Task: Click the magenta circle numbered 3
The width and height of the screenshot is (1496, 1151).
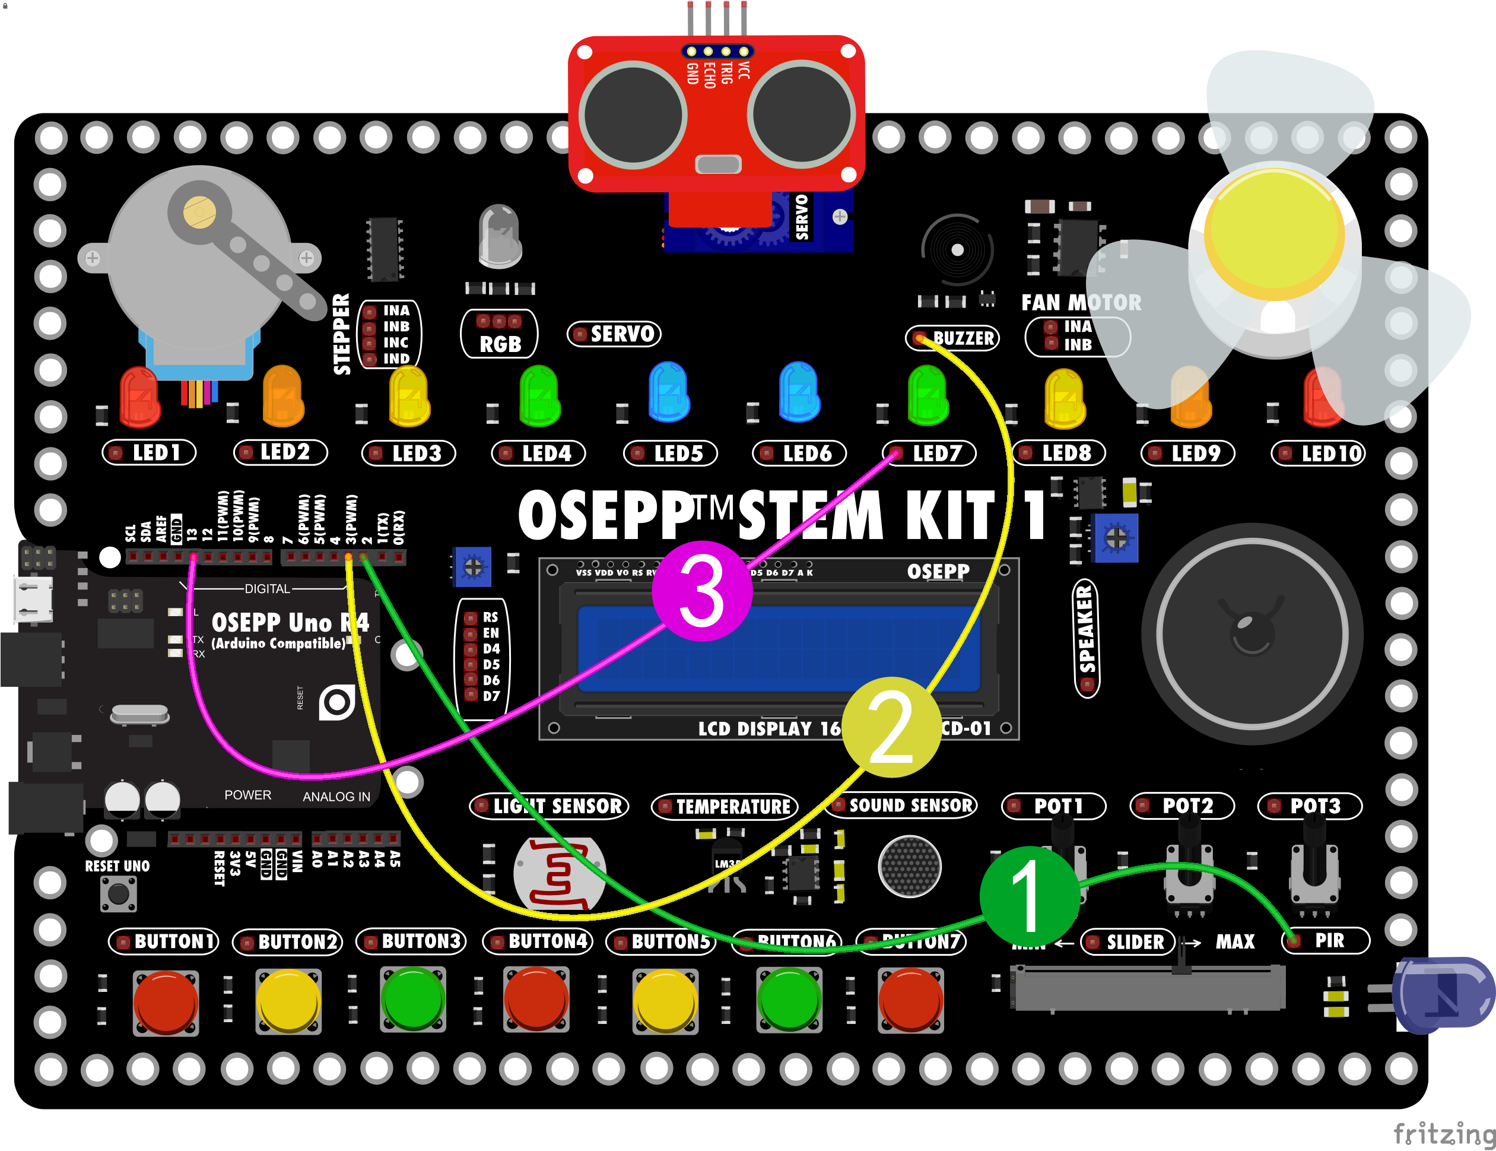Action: click(x=701, y=591)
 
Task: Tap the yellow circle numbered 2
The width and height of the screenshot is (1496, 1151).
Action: click(x=891, y=727)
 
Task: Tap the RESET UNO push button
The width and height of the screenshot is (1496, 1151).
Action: click(x=119, y=893)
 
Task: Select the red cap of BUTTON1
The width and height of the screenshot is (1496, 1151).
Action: click(x=166, y=1001)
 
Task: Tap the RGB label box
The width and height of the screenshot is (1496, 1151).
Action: click(x=499, y=334)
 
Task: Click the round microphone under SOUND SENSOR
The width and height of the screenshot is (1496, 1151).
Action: click(x=910, y=866)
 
